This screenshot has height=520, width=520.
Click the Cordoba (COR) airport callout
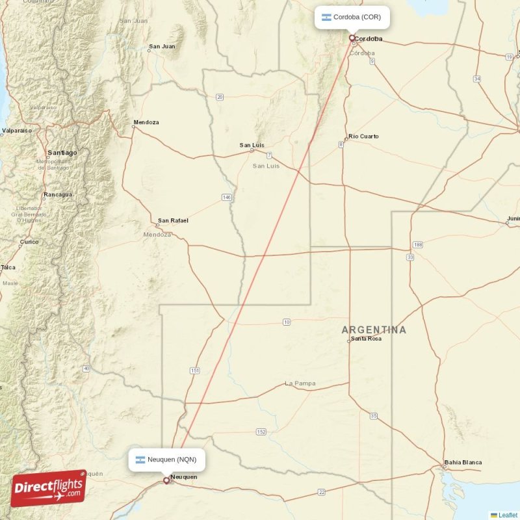pos(352,17)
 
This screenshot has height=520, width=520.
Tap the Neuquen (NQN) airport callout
pos(166,460)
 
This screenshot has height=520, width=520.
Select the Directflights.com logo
pos(48,488)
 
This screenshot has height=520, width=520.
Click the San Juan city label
pos(162,46)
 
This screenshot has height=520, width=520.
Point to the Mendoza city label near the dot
pos(146,122)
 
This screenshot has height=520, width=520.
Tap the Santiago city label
pos(62,152)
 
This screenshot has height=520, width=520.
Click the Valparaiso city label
pos(17,131)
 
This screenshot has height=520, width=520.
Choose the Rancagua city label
pos(58,194)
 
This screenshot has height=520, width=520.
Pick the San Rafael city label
pos(173,220)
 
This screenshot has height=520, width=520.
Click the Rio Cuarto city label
pos(363,136)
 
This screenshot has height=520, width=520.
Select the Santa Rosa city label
pos(366,339)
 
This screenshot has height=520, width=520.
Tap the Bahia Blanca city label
pos(463,463)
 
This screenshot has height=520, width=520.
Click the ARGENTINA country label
pos(374,330)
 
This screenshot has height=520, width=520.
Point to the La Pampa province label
pos(300,383)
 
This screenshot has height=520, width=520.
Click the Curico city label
pos(29,242)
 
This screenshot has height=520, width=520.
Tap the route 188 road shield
pos(417,244)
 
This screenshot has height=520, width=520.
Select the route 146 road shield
pos(226,197)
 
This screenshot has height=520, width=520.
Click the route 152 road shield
pos(261,432)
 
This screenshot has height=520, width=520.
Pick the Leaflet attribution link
pos(508,515)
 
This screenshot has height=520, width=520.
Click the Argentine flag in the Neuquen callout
pos(140,460)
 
